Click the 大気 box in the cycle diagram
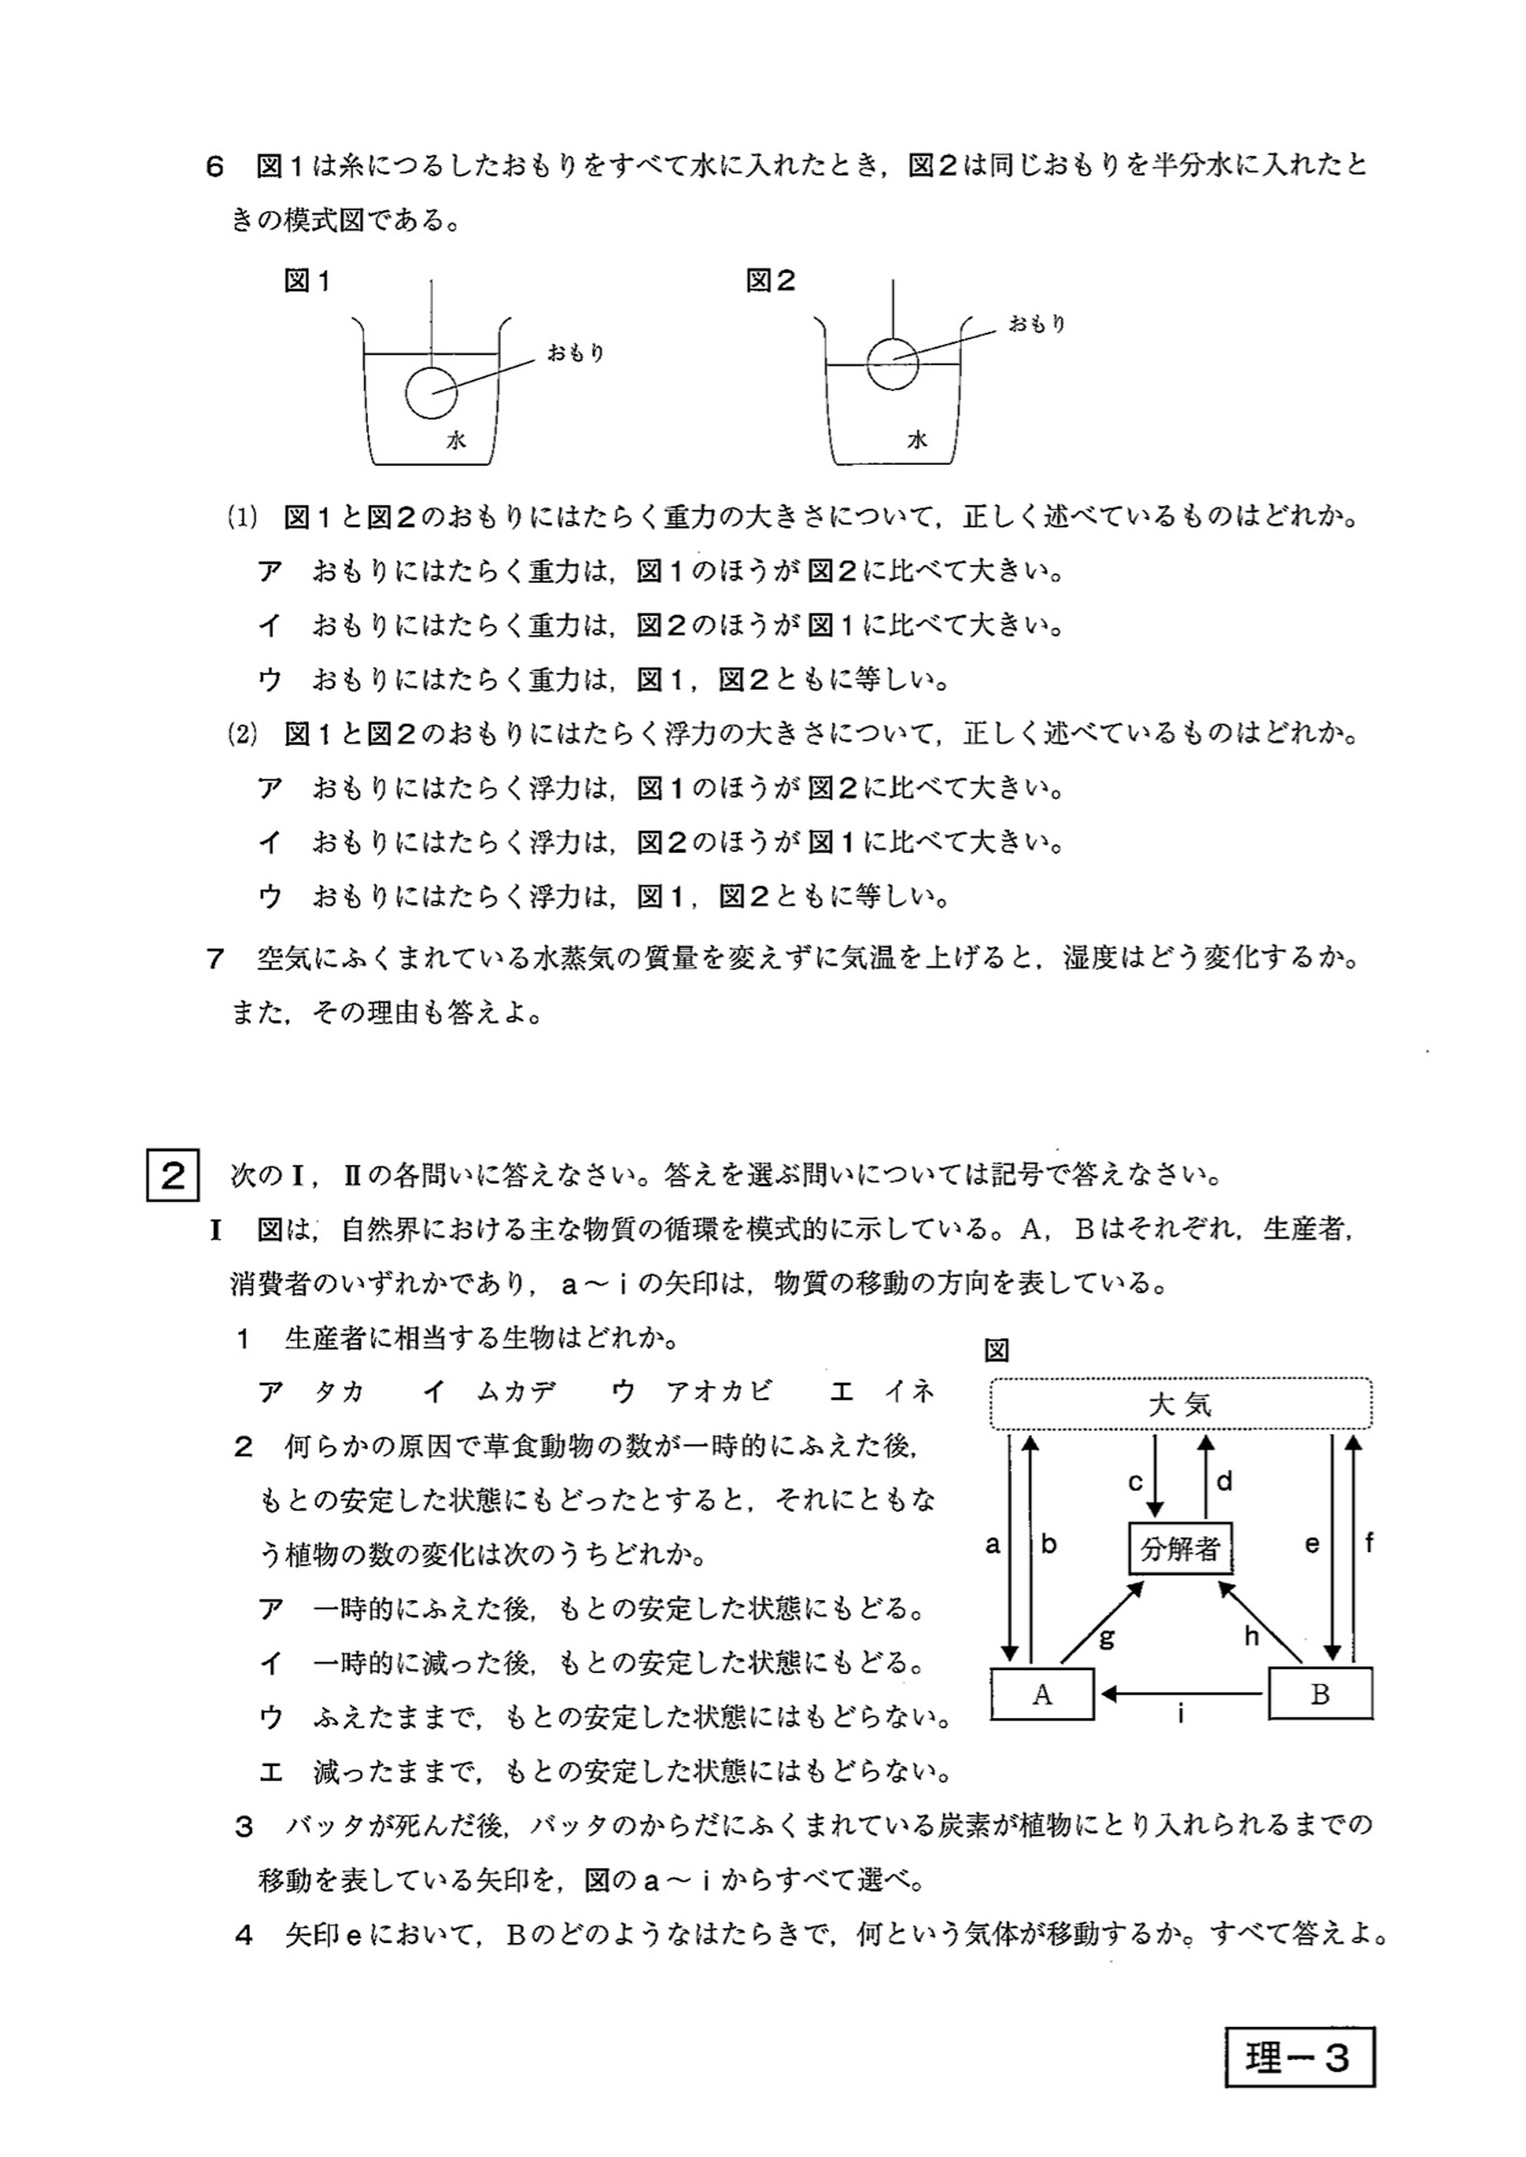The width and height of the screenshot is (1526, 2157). (x=1180, y=1404)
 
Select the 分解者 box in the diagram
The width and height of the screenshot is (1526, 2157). (x=1180, y=1548)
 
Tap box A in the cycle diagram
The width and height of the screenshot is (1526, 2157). (x=1042, y=1694)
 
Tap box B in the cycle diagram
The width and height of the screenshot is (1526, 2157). (x=1320, y=1694)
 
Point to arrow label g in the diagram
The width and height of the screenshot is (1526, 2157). (x=1107, y=1638)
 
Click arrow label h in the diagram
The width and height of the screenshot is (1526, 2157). (x=1252, y=1636)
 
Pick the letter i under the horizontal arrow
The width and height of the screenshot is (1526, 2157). (x=1180, y=1714)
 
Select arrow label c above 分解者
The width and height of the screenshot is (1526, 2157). (x=1136, y=1482)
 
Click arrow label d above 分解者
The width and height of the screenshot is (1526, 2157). (x=1224, y=1482)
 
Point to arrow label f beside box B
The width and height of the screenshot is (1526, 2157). (x=1369, y=1542)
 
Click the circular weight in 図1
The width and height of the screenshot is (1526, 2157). (x=431, y=393)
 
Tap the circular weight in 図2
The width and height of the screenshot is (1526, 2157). (x=892, y=363)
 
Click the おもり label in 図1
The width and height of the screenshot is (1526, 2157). (x=575, y=353)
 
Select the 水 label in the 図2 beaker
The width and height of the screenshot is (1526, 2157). (x=917, y=440)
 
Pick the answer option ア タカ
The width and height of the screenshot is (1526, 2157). (x=312, y=1393)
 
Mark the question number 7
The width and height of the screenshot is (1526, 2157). (x=215, y=959)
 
